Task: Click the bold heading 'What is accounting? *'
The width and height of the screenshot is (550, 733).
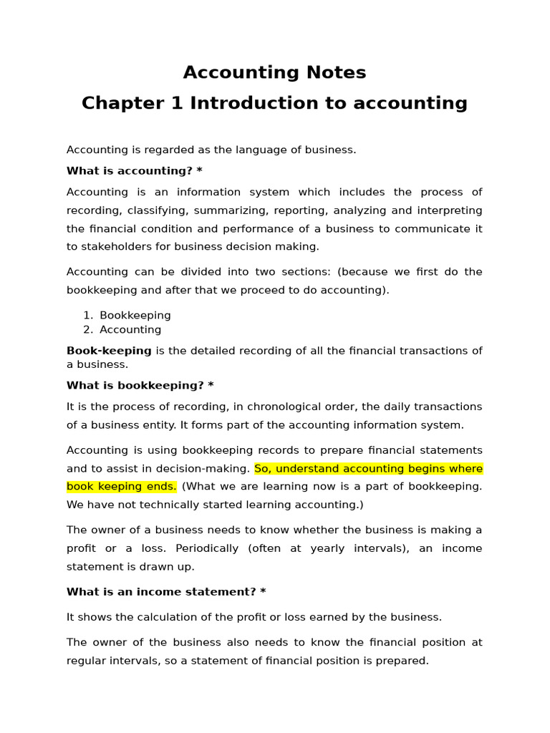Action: pyautogui.click(x=135, y=171)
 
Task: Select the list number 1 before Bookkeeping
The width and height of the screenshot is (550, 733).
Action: pyautogui.click(x=87, y=316)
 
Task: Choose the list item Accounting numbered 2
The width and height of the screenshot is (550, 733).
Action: pyautogui.click(x=130, y=330)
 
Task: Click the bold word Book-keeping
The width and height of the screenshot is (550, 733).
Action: pyautogui.click(x=109, y=351)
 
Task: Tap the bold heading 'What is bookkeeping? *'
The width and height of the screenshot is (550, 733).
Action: pyautogui.click(x=140, y=386)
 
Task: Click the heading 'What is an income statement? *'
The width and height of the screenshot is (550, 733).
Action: pyautogui.click(x=166, y=592)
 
